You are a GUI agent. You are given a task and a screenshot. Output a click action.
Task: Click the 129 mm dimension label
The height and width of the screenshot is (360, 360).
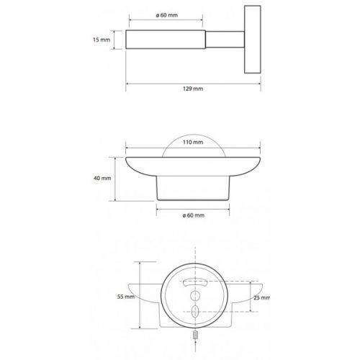click(193, 89)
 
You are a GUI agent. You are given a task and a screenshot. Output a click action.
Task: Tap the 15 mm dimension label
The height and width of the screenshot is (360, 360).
click(102, 40)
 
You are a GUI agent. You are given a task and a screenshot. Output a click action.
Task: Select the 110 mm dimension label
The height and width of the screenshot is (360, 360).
click(193, 143)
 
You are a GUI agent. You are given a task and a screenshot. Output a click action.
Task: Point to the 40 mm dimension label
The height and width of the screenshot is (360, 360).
click(102, 179)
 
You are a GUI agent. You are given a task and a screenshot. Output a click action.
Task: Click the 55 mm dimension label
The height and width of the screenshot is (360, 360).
click(126, 297)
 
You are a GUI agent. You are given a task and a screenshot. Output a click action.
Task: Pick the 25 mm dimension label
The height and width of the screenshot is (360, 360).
click(261, 298)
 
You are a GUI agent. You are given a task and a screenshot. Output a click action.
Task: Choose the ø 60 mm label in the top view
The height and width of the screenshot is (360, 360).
click(167, 15)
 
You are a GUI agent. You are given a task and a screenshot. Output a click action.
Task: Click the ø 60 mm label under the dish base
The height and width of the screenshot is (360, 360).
click(194, 215)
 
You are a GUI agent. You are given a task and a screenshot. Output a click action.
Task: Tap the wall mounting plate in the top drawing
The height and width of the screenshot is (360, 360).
click(253, 40)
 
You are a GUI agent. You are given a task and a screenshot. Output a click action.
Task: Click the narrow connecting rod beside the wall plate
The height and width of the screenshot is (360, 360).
click(225, 40)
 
